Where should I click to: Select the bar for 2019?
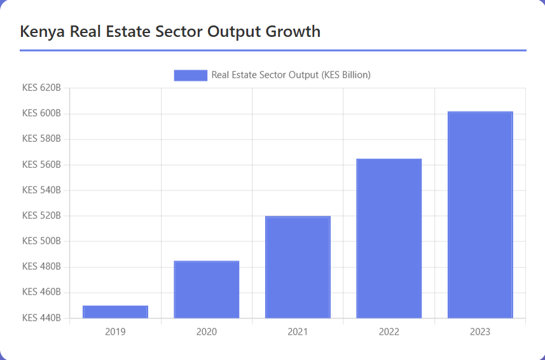point(115,312)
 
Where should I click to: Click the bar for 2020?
point(206,289)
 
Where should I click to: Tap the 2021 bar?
point(298,267)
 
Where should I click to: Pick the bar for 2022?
point(389,239)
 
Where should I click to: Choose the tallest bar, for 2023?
point(480,215)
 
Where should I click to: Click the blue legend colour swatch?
point(190,75)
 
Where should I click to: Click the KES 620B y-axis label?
point(41,88)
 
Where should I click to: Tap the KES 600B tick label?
point(41,114)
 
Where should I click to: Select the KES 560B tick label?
point(41,165)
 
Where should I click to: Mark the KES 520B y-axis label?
point(41,216)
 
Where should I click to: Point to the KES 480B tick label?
point(41,267)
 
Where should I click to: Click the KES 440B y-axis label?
point(41,317)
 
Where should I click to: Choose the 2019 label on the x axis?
point(115,332)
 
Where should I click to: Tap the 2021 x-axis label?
point(298,332)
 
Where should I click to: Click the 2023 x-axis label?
point(480,332)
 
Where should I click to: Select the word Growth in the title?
point(293,31)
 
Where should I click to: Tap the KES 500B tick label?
point(41,241)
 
